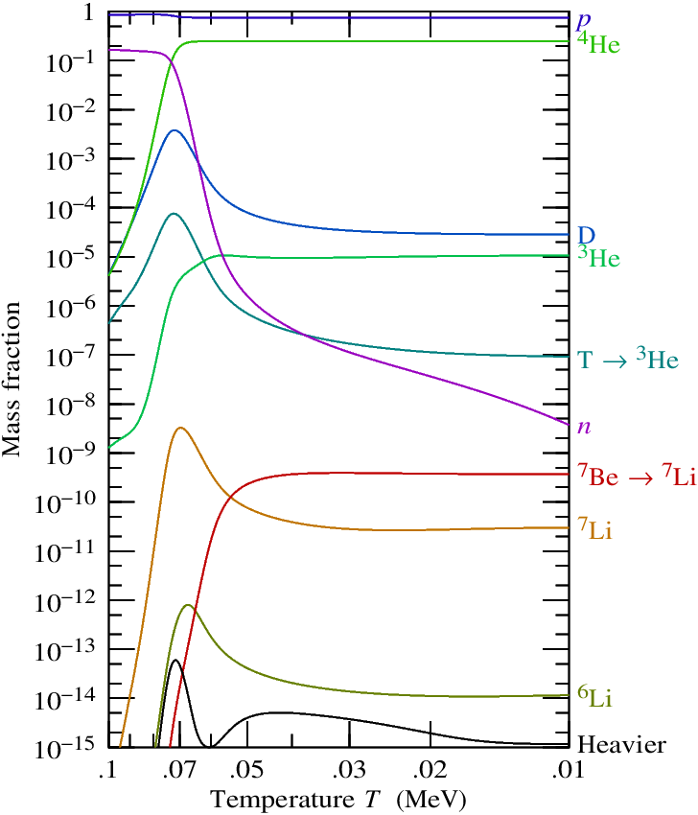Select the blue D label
585,236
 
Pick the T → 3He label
628,361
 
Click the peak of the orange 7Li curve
180,428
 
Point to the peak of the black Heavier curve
175,661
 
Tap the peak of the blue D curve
174,130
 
